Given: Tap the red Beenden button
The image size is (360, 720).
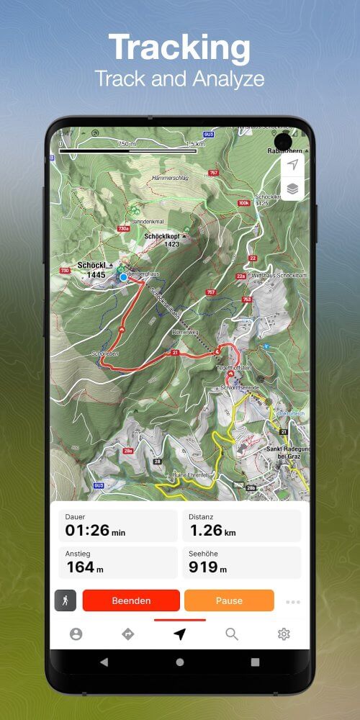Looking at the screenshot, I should point(131,600).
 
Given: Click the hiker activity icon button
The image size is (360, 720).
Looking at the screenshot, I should point(66,600).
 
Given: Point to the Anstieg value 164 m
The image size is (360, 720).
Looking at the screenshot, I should point(85,567).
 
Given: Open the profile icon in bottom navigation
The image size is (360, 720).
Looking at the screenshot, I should point(76,634).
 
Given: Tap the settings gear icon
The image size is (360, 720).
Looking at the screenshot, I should point(284,634).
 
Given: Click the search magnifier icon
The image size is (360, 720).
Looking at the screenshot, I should point(231,634).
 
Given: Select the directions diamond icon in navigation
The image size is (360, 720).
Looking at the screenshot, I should point(128,634).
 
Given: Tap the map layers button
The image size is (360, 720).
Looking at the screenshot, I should point(292,189).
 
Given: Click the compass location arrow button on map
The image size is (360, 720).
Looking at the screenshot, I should point(292,166).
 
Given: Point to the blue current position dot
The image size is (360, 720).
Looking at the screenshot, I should point(123,276).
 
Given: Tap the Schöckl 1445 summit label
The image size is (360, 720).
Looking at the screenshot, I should point(92,270).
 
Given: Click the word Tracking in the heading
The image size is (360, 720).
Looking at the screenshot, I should point(180,48).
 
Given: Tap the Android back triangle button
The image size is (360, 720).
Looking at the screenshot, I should point(104,662).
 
